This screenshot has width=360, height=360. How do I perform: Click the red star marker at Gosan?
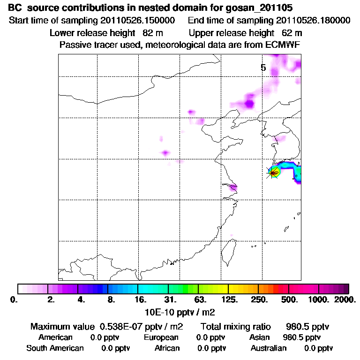273,172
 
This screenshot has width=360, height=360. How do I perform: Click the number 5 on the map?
263,68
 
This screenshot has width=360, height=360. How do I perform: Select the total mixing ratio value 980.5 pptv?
304,326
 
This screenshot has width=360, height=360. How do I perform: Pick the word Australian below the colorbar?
269,348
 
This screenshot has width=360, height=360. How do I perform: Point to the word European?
161,337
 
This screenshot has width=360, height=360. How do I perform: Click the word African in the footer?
167,348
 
